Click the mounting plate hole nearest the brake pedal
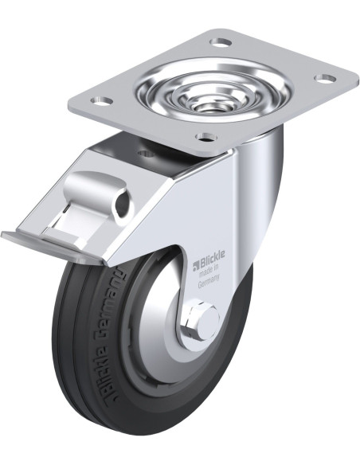[x=100, y=101]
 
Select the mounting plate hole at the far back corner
[x=221, y=41]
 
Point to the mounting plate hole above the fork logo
[x=205, y=137]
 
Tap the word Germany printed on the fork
[x=209, y=283]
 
